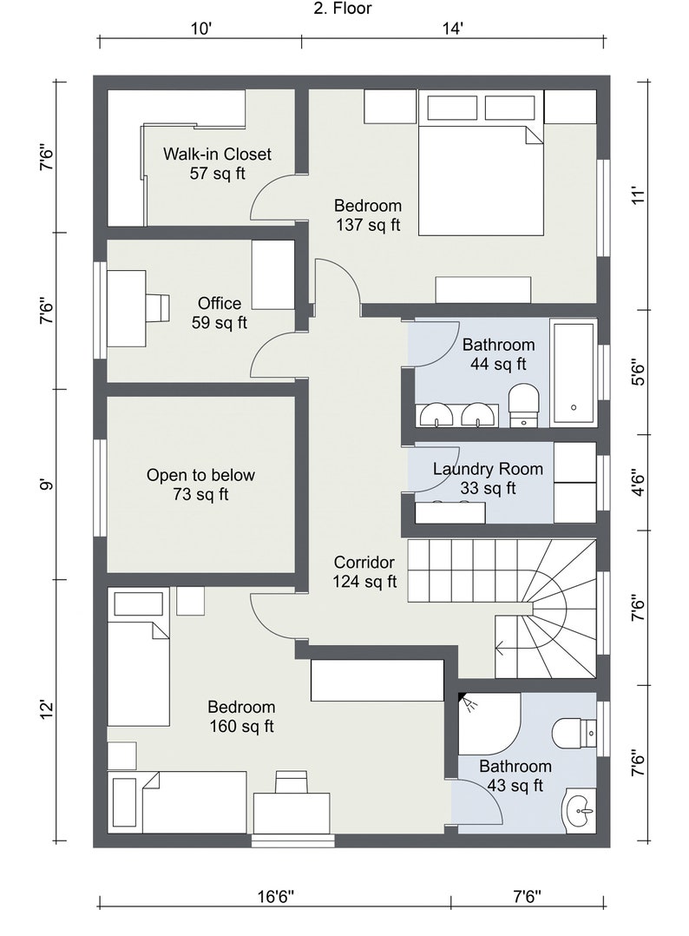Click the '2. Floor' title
(x=343, y=10)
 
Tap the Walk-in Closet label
(x=217, y=163)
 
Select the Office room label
(x=219, y=313)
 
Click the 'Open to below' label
(x=200, y=484)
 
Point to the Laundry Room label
(x=488, y=478)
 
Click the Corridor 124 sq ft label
(x=364, y=571)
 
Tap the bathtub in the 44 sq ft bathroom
(x=574, y=372)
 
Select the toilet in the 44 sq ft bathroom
(x=523, y=404)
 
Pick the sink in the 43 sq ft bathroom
(x=579, y=811)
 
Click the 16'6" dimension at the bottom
(x=275, y=896)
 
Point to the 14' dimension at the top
(x=452, y=29)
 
